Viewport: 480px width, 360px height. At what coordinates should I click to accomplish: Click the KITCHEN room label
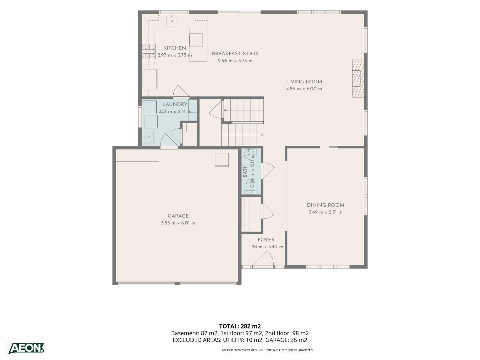[175, 48]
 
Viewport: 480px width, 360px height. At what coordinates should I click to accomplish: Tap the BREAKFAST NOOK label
[235, 54]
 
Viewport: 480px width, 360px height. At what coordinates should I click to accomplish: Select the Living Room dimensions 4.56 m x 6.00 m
[304, 89]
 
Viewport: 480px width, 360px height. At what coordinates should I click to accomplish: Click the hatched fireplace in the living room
[358, 79]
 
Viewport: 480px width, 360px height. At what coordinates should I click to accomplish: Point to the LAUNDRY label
[175, 104]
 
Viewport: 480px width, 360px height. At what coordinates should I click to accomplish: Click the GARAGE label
[178, 216]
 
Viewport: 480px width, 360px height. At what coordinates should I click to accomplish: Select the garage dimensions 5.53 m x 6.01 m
[178, 223]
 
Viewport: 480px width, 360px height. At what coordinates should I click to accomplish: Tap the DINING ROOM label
[325, 205]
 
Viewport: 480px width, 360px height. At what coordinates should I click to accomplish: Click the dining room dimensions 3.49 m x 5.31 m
[325, 212]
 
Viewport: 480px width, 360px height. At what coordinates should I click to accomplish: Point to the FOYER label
[266, 240]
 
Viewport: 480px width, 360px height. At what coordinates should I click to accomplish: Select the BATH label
[245, 171]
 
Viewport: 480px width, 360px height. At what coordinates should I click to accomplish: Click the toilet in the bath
[250, 187]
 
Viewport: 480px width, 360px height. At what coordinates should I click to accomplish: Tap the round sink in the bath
[249, 154]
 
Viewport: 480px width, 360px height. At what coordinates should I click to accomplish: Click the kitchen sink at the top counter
[172, 20]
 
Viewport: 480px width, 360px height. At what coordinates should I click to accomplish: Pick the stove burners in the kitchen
[149, 51]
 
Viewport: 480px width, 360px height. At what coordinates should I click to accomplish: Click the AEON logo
[26, 348]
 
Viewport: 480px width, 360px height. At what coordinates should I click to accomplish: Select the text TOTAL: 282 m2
[240, 326]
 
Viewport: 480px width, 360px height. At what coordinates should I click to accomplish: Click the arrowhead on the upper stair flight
[225, 110]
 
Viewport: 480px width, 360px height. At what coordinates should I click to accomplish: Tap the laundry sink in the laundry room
[148, 137]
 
